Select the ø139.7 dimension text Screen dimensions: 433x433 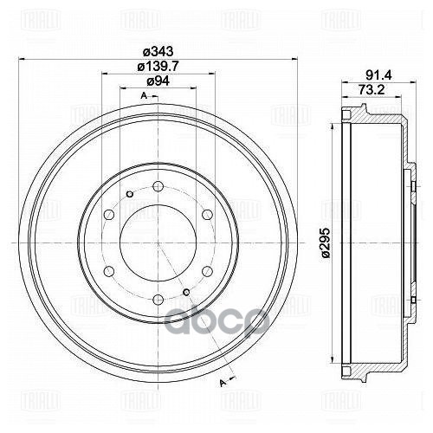point(156,68)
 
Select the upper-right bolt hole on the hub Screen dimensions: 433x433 point(208,215)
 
